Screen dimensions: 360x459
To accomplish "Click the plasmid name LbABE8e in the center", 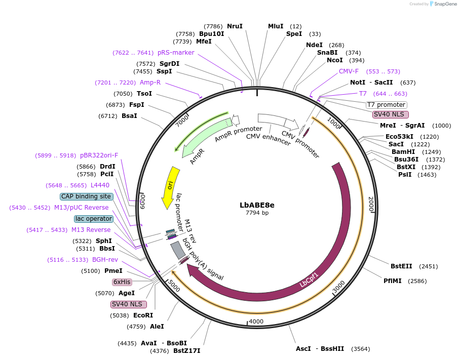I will pyautogui.click(x=257, y=205).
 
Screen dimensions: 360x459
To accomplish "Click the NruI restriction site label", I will pyautogui.click(x=235, y=26).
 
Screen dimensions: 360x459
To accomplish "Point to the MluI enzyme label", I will pyautogui.click(x=276, y=26).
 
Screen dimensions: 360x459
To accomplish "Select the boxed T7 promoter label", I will pyautogui.click(x=386, y=105).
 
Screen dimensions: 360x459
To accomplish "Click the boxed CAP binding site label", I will pyautogui.click(x=86, y=196).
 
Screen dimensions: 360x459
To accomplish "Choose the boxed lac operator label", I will pyautogui.click(x=93, y=219).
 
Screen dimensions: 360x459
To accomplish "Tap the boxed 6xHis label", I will pyautogui.click(x=122, y=282).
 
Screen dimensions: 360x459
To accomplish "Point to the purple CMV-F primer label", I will pyautogui.click(x=349, y=71).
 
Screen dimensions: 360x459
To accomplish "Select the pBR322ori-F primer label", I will pyautogui.click(x=99, y=155).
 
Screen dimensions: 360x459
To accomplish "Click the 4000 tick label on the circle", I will pyautogui.click(x=256, y=322).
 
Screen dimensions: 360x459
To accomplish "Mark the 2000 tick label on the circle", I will pyautogui.click(x=371, y=204).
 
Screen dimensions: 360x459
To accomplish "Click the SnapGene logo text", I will pyautogui.click(x=444, y=4).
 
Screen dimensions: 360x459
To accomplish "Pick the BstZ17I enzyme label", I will pyautogui.click(x=187, y=350).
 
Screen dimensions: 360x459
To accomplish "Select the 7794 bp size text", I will pyautogui.click(x=257, y=213).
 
